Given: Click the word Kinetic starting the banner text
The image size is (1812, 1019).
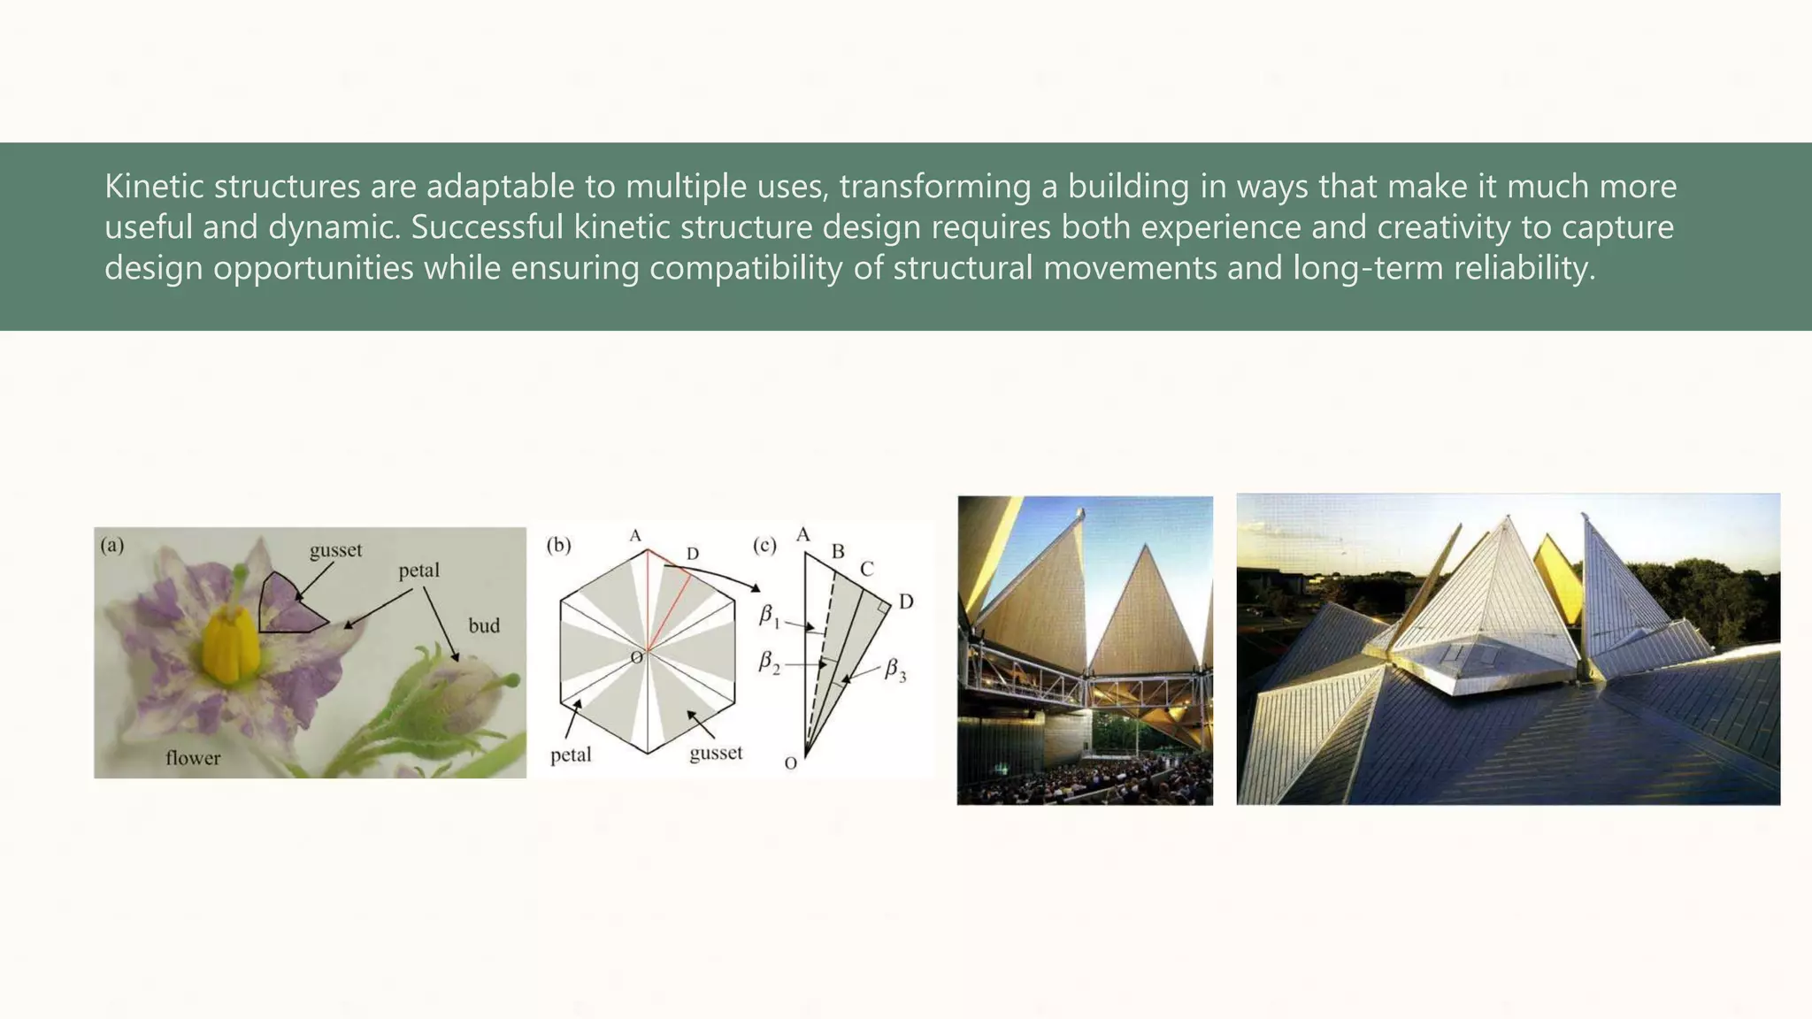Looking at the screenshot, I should click(x=154, y=187).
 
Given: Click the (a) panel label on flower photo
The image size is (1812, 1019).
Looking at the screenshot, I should click(x=112, y=545).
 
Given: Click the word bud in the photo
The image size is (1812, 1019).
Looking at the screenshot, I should click(x=484, y=626).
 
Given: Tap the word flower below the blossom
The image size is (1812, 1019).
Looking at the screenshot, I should click(x=193, y=758).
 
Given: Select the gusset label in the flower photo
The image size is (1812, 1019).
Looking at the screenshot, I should click(x=336, y=550).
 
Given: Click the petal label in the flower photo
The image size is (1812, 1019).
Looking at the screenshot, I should click(x=418, y=571).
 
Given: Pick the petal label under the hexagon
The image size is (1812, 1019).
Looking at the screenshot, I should click(x=571, y=755).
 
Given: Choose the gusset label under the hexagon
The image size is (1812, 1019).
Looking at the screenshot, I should click(x=716, y=754).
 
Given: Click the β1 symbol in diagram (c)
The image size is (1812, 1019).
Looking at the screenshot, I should click(x=769, y=616).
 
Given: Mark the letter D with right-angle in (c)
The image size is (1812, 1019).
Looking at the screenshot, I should click(x=906, y=602).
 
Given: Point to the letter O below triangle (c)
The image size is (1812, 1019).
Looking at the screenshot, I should click(x=791, y=762).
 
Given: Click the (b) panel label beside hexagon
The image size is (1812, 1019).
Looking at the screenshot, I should click(x=558, y=545).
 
